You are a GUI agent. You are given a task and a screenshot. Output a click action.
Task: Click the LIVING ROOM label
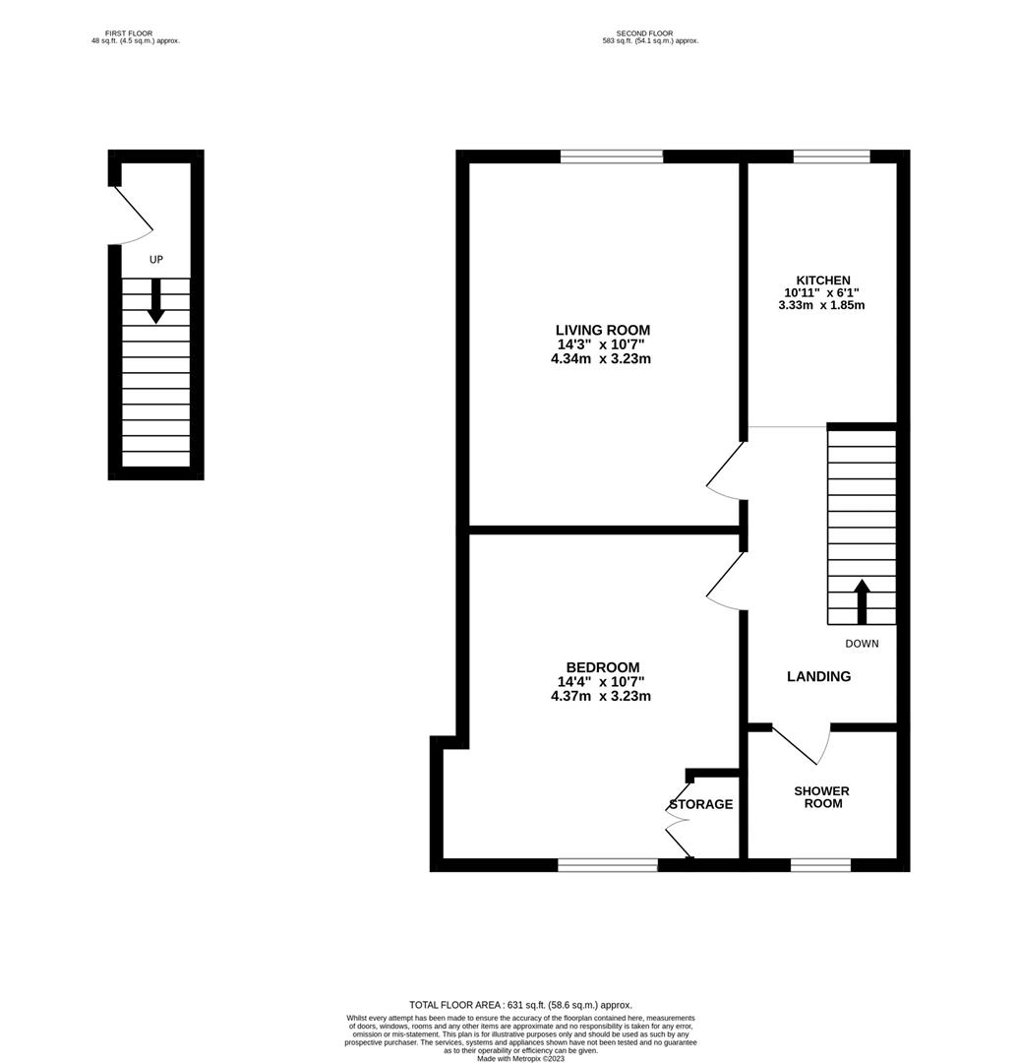pyautogui.click(x=602, y=330)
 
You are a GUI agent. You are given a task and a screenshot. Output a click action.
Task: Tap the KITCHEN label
pyautogui.click(x=823, y=281)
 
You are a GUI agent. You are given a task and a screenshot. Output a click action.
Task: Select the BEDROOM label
pyautogui.click(x=602, y=666)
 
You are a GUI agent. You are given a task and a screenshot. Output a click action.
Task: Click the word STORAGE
pyautogui.click(x=701, y=804)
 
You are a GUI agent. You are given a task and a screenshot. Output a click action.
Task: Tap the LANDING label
pyautogui.click(x=818, y=676)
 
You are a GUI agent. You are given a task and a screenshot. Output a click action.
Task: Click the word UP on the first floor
pyautogui.click(x=155, y=260)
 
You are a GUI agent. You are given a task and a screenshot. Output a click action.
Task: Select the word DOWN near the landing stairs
pyautogui.click(x=862, y=644)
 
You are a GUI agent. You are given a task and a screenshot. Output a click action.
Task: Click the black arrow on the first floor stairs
pyautogui.click(x=155, y=301)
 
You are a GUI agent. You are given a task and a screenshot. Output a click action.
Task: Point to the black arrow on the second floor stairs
pyautogui.click(x=863, y=601)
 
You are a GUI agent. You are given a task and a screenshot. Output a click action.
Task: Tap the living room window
pyautogui.click(x=611, y=156)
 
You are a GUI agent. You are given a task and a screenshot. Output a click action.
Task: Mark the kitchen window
pyautogui.click(x=831, y=156)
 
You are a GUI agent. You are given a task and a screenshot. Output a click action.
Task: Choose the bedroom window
pyautogui.click(x=607, y=865)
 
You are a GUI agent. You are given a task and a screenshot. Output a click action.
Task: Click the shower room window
pyautogui.click(x=820, y=865)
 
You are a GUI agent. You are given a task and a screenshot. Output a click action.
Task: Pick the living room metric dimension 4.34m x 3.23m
pyautogui.click(x=602, y=359)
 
